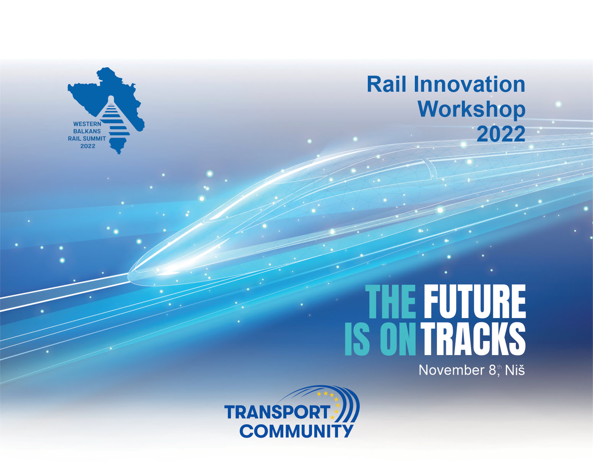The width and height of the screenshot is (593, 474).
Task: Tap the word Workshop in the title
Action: tap(472, 110)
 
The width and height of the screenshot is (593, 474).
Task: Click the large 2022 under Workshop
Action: tap(501, 134)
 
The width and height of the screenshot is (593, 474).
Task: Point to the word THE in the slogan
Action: tap(390, 302)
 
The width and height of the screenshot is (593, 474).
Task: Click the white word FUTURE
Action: tap(474, 302)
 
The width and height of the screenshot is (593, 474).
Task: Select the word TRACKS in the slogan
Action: tap(474, 339)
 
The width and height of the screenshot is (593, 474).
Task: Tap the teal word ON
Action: tap(398, 339)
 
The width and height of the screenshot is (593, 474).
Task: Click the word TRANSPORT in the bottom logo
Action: tap(277, 412)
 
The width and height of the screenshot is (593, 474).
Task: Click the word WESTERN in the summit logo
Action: tap(87, 124)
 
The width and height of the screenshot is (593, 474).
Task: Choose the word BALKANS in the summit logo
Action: tap(87, 131)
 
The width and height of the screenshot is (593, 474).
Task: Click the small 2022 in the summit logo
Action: tap(88, 146)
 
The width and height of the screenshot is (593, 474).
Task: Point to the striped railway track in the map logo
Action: tap(116, 118)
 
